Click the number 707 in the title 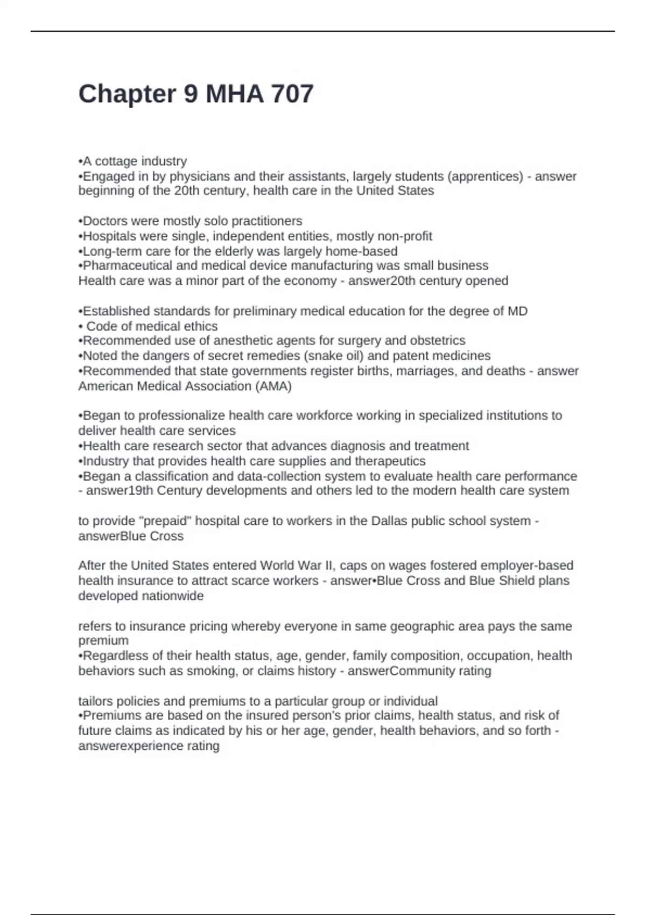pyautogui.click(x=292, y=94)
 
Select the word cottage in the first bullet pyautogui.click(x=116, y=161)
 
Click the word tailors pyautogui.click(x=96, y=701)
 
